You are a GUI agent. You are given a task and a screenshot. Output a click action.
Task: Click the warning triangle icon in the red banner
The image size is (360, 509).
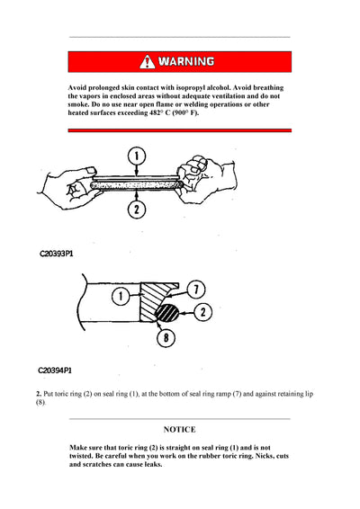[x=147, y=62]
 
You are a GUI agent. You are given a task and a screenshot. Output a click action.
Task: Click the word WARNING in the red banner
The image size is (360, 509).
[x=186, y=62]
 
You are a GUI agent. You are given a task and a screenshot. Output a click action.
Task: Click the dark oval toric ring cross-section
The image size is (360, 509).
[x=167, y=314]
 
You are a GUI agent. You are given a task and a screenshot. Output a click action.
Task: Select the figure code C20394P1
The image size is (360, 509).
[x=55, y=370]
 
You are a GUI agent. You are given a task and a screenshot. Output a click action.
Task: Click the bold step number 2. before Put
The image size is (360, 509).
[x=39, y=394]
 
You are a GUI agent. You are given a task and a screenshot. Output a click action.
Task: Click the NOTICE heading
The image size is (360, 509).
[x=180, y=430]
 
